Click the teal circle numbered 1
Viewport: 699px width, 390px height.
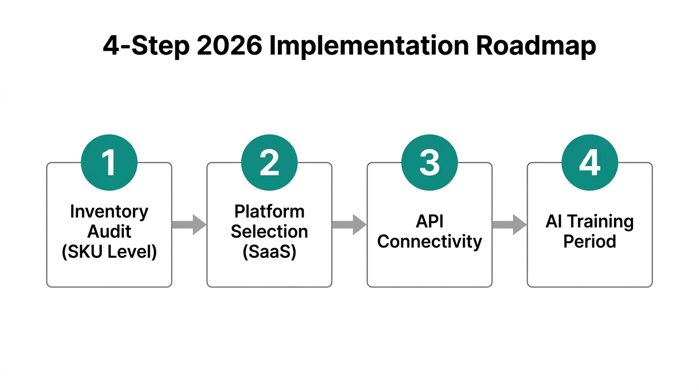click(109, 163)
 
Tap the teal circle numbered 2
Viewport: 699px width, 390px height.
click(269, 163)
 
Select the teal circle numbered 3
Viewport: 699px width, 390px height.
click(429, 163)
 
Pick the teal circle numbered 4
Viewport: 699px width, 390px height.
click(589, 163)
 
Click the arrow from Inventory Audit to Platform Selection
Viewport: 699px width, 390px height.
click(189, 224)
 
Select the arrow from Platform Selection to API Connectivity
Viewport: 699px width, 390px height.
click(349, 224)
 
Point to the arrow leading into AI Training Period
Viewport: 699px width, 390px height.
click(509, 224)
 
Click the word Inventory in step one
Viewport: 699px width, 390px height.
click(109, 211)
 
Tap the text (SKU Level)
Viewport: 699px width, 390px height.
click(109, 251)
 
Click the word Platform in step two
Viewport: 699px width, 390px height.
click(269, 211)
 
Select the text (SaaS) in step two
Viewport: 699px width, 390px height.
click(269, 251)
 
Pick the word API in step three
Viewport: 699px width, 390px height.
click(429, 221)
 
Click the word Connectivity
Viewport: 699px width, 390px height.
click(429, 241)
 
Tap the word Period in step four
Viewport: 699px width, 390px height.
click(589, 241)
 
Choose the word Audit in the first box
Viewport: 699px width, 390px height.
click(109, 232)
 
